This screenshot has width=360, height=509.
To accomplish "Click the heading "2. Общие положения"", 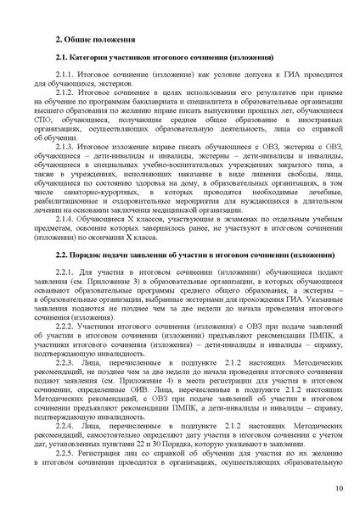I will click(x=94, y=39).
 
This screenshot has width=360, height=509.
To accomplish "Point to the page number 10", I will click(x=339, y=487).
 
